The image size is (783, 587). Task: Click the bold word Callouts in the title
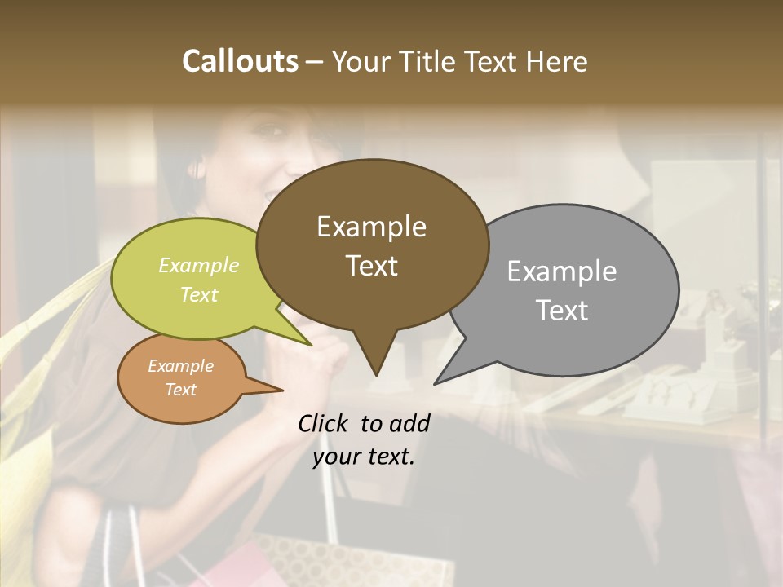tap(240, 61)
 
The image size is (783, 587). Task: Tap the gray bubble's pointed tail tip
tap(436, 382)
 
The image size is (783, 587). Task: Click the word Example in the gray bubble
tap(562, 271)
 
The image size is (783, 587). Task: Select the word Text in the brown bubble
tap(372, 266)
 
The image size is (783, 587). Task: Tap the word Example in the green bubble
tap(199, 265)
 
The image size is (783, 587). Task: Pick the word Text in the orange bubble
tap(181, 390)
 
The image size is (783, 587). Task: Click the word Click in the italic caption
tap(325, 423)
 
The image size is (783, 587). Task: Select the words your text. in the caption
tap(364, 456)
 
